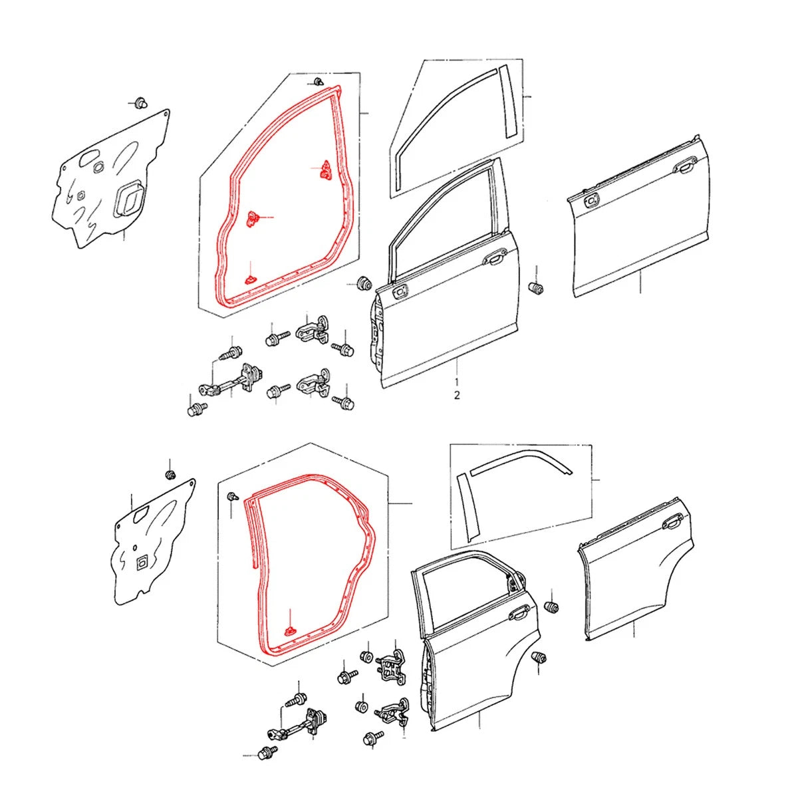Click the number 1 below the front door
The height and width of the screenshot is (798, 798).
click(x=456, y=381)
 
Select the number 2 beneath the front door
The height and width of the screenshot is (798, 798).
click(x=456, y=395)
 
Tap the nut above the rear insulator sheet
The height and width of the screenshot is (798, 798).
click(x=170, y=475)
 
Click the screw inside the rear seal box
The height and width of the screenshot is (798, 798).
click(x=233, y=496)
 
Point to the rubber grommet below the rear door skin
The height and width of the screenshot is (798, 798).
click(x=539, y=657)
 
